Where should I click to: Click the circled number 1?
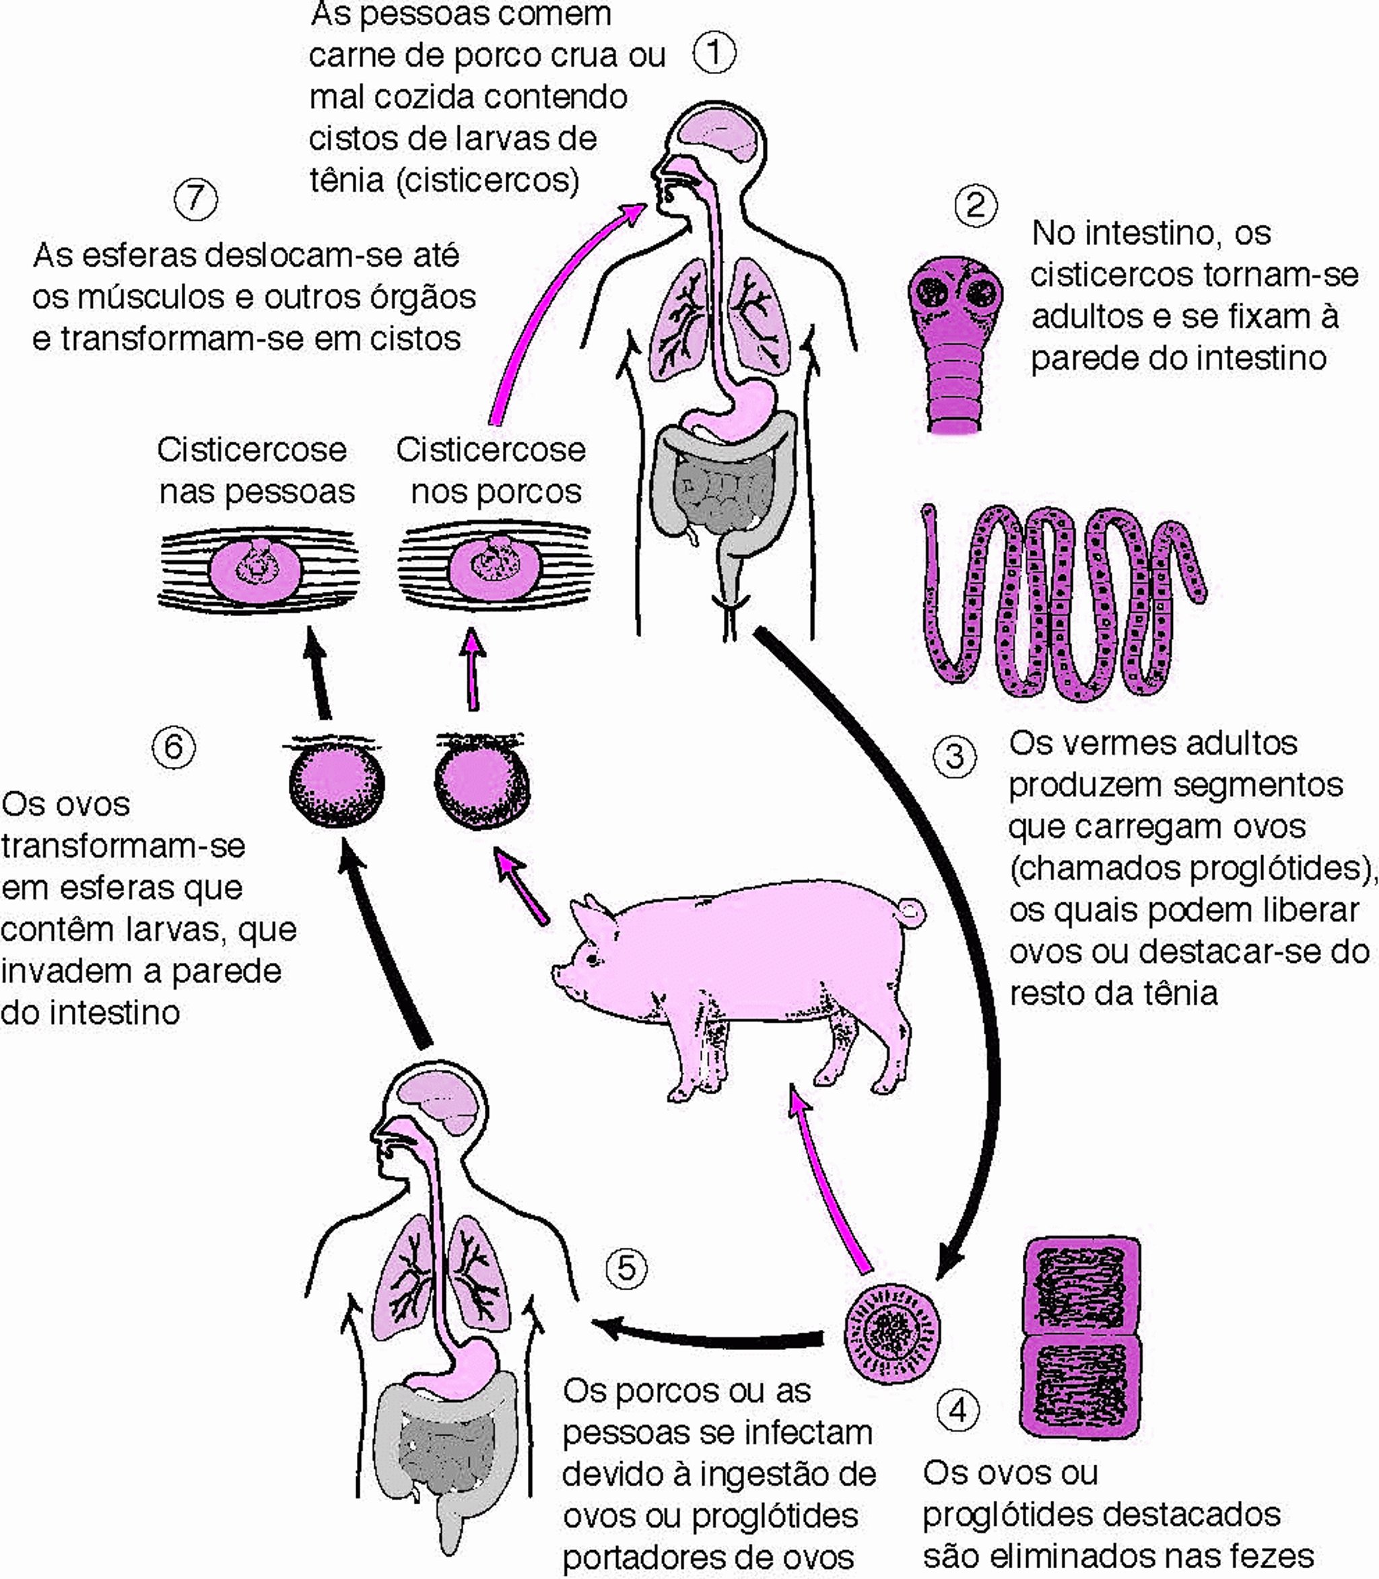tap(714, 53)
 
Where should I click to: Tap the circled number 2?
tap(975, 205)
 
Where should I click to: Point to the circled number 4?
tap(958, 1411)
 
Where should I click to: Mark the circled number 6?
tap(173, 747)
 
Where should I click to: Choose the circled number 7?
tap(195, 199)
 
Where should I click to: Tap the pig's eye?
tap(593, 959)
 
